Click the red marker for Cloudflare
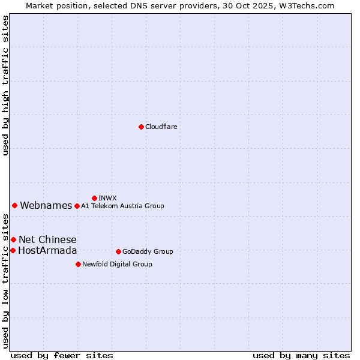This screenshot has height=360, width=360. click(141, 127)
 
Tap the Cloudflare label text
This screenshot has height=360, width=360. click(161, 127)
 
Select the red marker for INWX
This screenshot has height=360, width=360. click(94, 198)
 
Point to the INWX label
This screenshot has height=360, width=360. click(107, 198)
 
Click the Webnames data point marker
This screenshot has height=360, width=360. click(14, 206)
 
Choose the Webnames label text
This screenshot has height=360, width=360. click(46, 206)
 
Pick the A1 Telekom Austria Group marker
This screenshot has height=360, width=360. click(77, 206)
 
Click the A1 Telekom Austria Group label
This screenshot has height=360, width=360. click(122, 206)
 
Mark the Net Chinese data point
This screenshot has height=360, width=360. click(13, 240)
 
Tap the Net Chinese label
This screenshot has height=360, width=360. click(47, 240)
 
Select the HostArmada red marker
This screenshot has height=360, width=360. click(13, 250)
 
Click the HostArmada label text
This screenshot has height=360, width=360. click(47, 251)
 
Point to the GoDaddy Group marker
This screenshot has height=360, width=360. click(118, 251)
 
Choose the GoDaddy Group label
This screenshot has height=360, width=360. click(148, 251)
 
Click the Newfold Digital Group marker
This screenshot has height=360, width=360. click(78, 264)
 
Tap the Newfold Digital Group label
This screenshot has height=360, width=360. click(117, 264)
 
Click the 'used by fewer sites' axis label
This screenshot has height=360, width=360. click(62, 355)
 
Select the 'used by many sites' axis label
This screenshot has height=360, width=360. click(301, 355)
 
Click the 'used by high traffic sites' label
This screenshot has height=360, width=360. click(5, 85)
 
